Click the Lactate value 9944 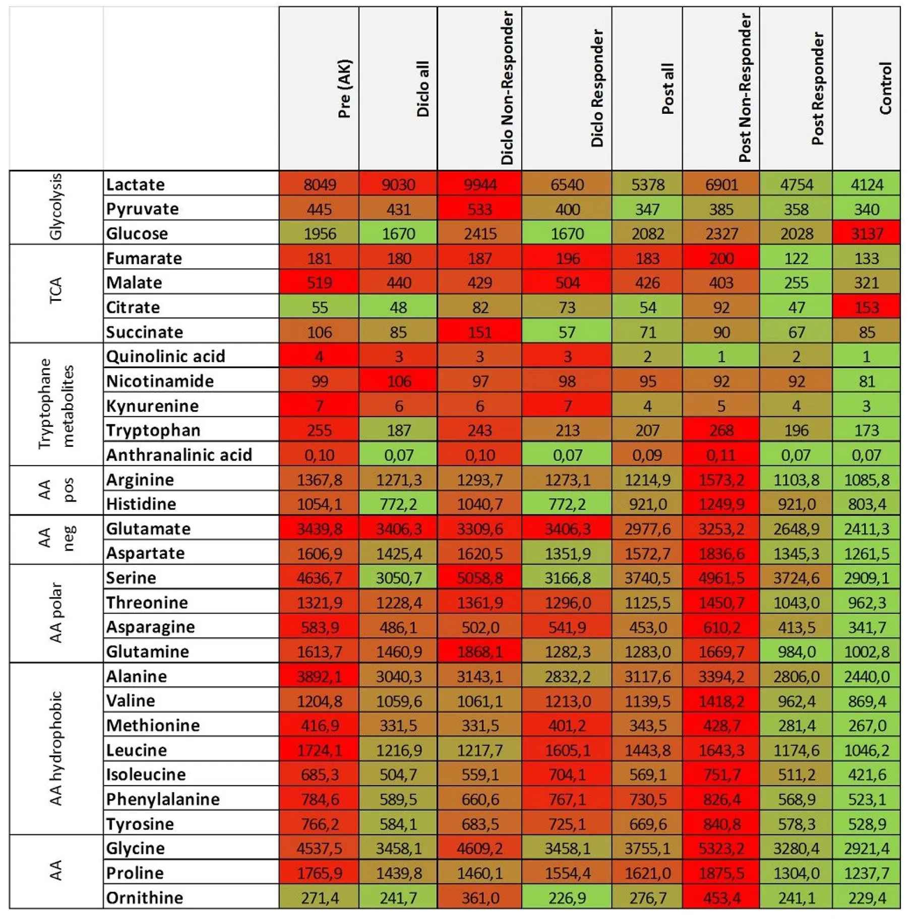(x=479, y=184)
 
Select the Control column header (x=885, y=89)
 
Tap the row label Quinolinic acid (x=165, y=357)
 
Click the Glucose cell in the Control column (x=866, y=234)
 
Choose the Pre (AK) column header (x=345, y=89)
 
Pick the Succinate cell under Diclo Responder (x=567, y=333)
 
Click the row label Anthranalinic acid (x=179, y=455)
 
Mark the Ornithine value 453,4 (x=720, y=898)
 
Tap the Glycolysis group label (x=56, y=207)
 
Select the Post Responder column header (x=817, y=89)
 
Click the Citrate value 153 (x=866, y=308)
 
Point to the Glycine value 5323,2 (x=720, y=848)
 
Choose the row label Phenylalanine (x=163, y=800)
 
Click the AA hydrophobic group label (x=56, y=748)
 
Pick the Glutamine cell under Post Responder (x=796, y=652)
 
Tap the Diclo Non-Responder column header (x=507, y=89)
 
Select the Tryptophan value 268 (x=720, y=431)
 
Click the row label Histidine (x=141, y=504)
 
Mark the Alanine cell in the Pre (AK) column (x=319, y=677)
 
